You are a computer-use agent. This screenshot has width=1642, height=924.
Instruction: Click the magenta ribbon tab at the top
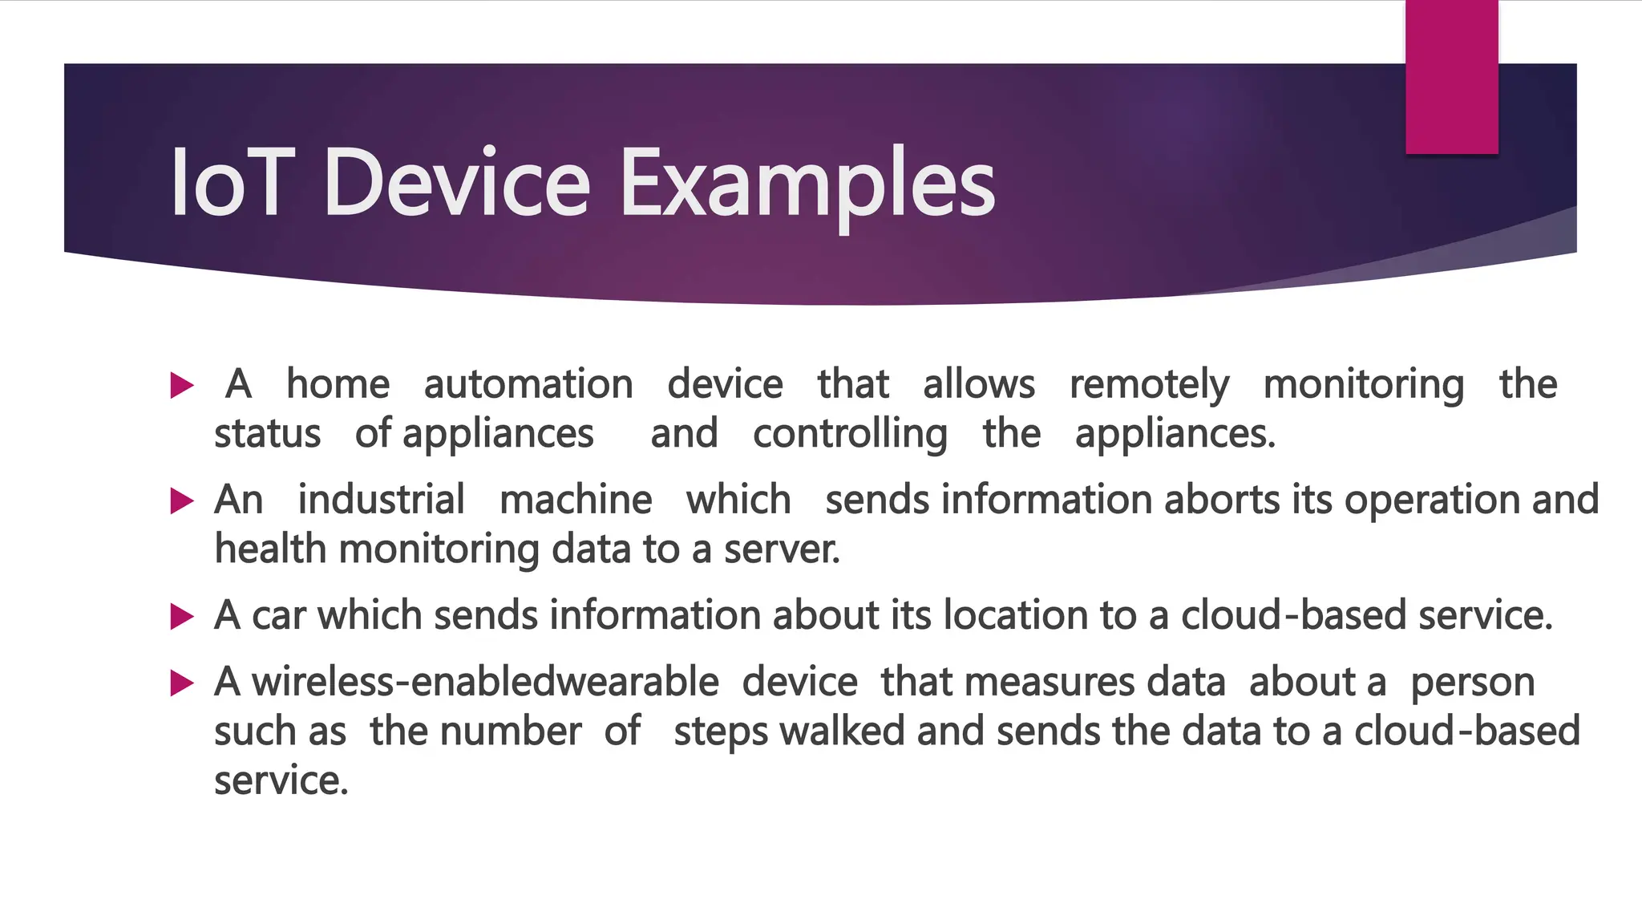[1451, 77]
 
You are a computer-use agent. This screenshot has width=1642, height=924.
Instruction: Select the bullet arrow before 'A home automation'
[182, 386]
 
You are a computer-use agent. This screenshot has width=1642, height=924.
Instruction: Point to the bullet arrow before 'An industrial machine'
[182, 501]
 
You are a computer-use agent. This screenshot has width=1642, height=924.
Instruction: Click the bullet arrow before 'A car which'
[182, 617]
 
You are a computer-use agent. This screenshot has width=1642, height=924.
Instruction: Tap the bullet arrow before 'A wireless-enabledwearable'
[182, 683]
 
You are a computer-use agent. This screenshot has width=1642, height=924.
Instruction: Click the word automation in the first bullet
[528, 384]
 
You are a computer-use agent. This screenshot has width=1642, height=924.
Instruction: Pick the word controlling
[850, 435]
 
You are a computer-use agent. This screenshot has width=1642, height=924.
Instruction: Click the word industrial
[381, 500]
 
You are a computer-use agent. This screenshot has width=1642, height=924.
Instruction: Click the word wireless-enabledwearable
[485, 682]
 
